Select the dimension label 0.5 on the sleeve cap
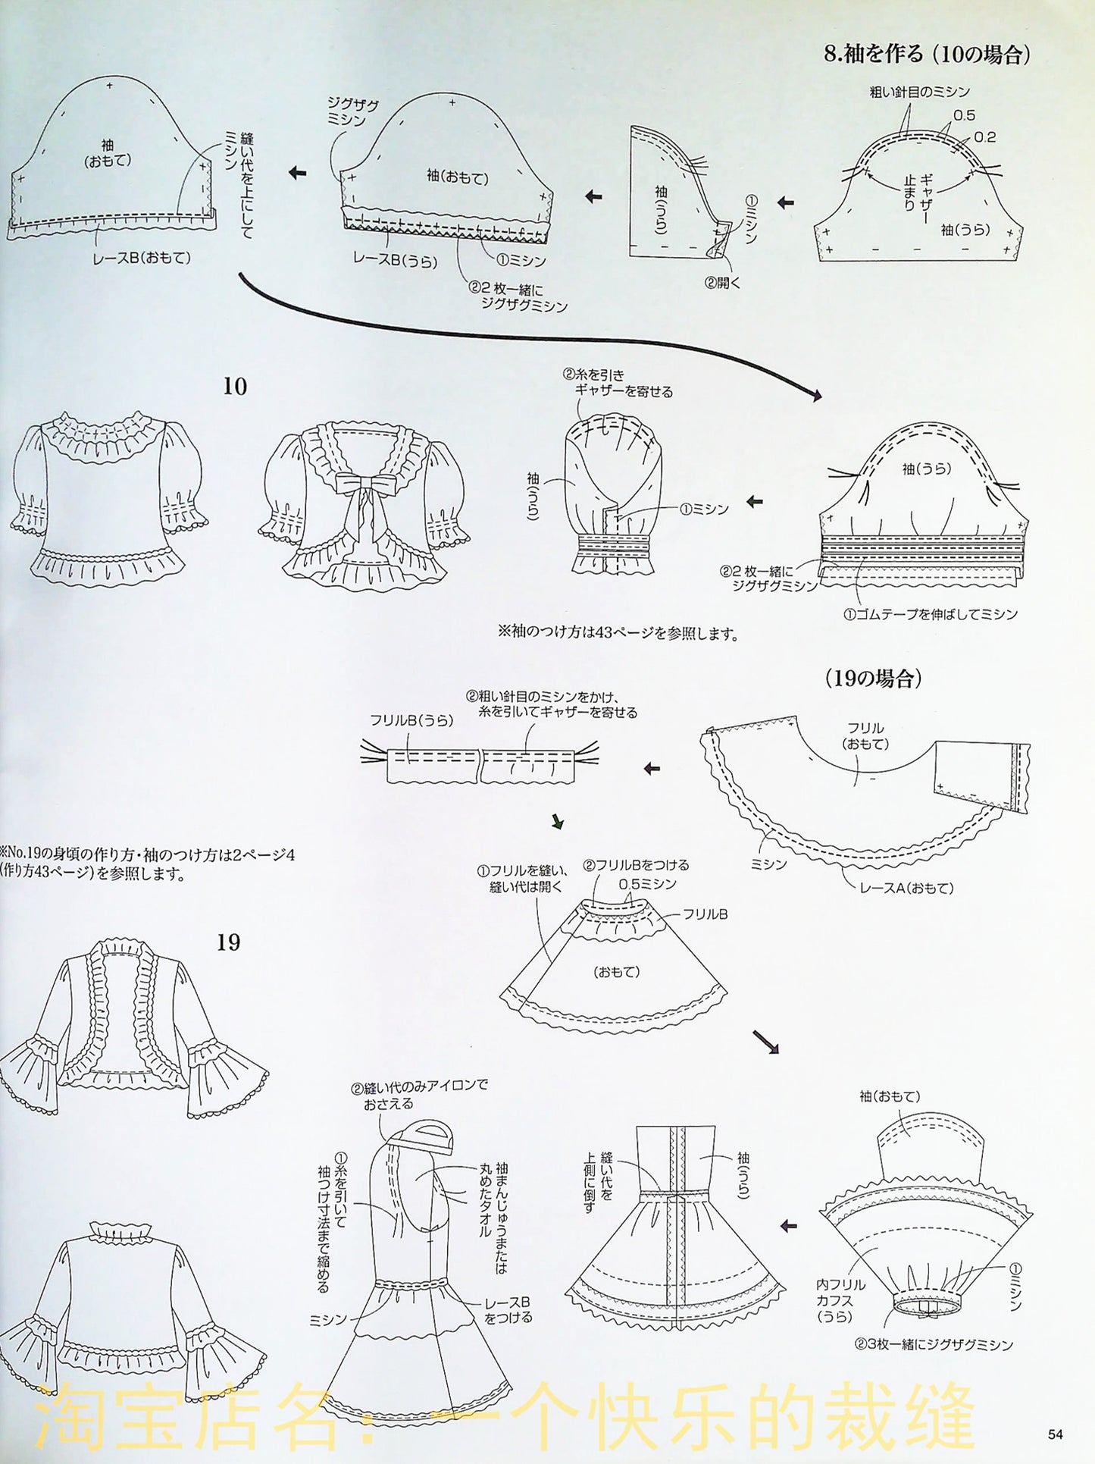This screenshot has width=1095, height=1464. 964,115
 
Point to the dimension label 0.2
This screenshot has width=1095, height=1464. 985,137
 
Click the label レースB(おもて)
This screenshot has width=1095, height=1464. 142,258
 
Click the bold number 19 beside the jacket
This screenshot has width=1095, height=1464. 228,942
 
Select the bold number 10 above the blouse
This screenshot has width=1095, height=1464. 235,387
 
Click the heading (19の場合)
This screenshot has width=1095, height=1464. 873,679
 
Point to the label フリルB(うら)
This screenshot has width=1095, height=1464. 412,721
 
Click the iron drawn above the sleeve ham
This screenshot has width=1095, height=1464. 423,1137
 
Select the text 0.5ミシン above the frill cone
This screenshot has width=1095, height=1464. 647,884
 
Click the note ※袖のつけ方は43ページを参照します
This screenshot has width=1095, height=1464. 618,634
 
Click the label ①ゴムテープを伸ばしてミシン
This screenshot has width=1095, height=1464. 930,614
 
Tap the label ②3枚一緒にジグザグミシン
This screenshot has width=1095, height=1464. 934,1345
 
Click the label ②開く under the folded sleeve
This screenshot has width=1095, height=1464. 721,283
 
